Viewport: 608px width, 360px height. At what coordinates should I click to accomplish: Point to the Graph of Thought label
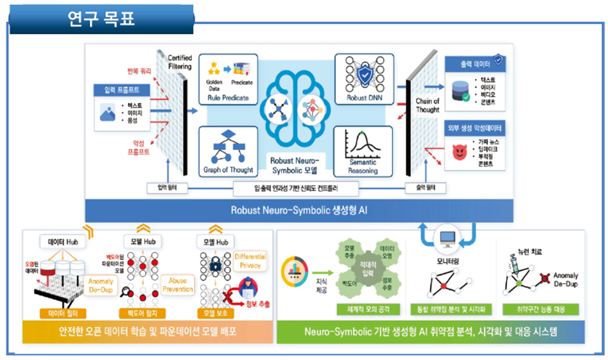pyautogui.click(x=229, y=171)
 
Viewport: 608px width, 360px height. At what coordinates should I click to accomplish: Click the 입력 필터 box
pyautogui.click(x=167, y=188)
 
